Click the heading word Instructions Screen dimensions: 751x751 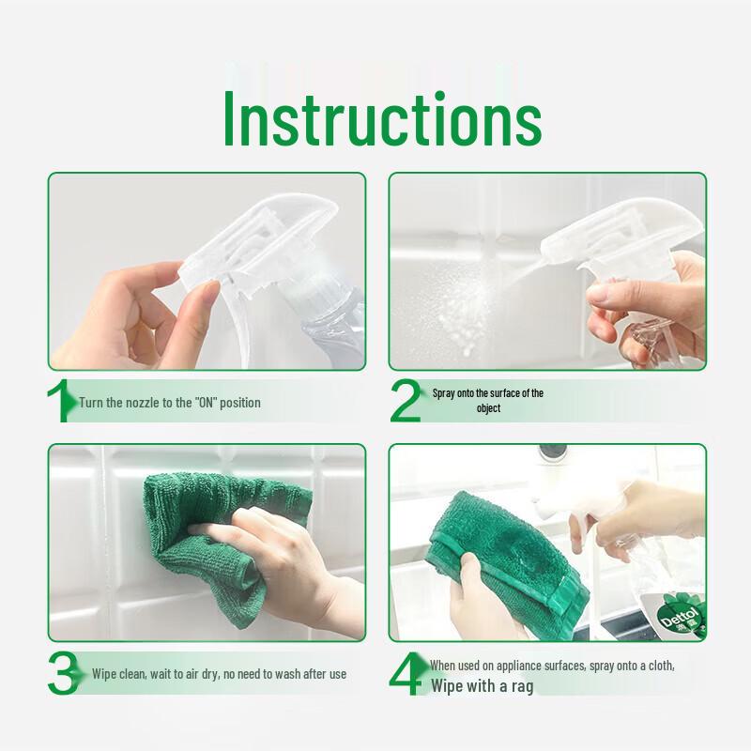click(382, 118)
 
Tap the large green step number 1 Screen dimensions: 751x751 click(61, 401)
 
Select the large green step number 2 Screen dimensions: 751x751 click(406, 401)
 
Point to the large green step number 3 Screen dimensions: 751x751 click(64, 673)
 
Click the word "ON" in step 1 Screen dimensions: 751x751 click(206, 403)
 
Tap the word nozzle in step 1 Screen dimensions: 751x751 click(142, 403)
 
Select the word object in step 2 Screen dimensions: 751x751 click(488, 408)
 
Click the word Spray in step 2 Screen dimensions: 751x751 click(443, 393)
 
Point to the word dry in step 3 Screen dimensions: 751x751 click(210, 674)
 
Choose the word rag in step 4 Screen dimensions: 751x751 click(522, 687)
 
